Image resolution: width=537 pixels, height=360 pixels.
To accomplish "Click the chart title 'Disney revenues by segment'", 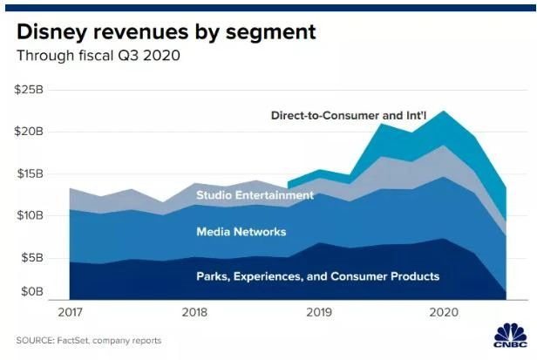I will click(x=166, y=33).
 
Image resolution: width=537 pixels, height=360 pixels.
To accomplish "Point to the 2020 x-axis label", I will click(x=444, y=311).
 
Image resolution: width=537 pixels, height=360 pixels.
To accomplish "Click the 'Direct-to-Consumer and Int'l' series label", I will click(x=348, y=115).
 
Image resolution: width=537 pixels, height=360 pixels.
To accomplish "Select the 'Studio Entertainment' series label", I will click(x=255, y=195).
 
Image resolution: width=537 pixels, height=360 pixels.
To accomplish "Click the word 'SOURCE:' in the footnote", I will click(x=34, y=340).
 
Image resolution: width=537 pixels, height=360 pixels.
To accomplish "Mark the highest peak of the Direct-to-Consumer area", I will click(x=445, y=112).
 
